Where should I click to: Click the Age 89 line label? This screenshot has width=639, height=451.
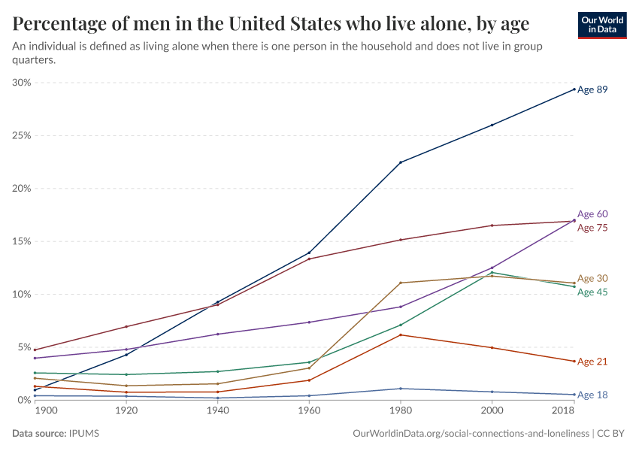click(x=592, y=89)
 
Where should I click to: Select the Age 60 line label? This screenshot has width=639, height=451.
click(x=592, y=214)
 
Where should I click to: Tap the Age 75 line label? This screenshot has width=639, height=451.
click(x=592, y=228)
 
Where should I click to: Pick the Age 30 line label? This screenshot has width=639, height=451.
click(x=592, y=278)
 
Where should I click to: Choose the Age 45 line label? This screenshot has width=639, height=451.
click(x=592, y=292)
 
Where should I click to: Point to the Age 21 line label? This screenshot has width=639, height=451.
click(x=592, y=362)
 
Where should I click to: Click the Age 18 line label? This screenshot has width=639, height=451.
click(x=592, y=395)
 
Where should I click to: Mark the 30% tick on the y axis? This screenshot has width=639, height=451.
click(x=21, y=83)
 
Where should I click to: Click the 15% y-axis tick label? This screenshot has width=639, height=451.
click(x=21, y=241)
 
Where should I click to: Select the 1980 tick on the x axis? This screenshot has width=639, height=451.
click(x=401, y=412)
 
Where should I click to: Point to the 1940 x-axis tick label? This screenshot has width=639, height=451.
click(x=218, y=412)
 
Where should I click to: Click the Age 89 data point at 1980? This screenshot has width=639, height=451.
click(x=401, y=162)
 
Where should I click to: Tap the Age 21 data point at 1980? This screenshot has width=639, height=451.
click(x=401, y=334)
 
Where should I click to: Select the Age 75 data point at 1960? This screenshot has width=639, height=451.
click(x=309, y=259)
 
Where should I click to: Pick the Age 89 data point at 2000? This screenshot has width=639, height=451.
click(x=492, y=125)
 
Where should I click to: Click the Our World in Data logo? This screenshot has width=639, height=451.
click(x=602, y=25)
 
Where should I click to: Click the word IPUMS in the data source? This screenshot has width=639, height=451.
click(x=83, y=434)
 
